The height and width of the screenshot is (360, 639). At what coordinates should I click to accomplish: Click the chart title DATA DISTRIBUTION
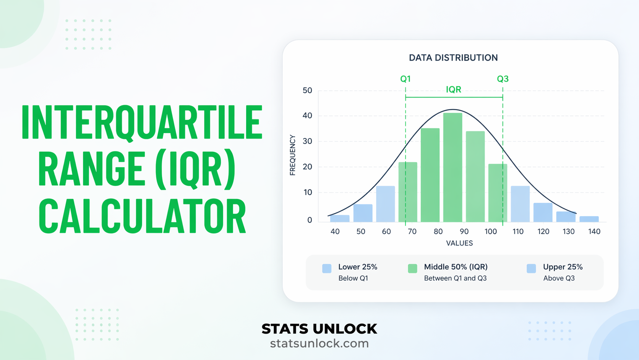point(453,58)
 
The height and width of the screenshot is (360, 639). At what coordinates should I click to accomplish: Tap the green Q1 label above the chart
point(405,79)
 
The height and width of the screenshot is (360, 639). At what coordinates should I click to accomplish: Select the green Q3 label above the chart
point(503,79)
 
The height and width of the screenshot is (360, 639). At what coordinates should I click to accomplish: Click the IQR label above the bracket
point(454,90)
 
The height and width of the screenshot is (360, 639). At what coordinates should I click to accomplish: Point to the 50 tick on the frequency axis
point(307,91)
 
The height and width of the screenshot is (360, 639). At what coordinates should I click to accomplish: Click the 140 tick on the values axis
point(594,231)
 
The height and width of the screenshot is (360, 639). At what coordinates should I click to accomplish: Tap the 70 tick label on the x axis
point(412,231)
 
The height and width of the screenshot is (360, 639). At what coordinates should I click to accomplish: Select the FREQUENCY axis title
point(293,155)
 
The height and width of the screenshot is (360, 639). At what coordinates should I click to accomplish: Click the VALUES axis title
point(459,243)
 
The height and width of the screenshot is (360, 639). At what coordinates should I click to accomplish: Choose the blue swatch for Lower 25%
point(327,269)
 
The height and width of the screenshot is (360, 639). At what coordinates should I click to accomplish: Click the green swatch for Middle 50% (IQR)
point(412,269)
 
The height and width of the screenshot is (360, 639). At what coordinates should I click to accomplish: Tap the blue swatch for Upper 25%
point(531,269)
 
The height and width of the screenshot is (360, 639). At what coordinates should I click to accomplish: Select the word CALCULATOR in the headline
point(142,216)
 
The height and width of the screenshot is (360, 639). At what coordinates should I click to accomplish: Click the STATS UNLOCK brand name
point(319,329)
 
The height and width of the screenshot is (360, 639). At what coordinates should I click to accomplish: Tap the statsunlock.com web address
point(319,344)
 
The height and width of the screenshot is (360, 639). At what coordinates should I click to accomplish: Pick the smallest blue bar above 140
point(589,219)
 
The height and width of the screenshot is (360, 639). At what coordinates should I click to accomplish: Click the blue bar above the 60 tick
point(386,204)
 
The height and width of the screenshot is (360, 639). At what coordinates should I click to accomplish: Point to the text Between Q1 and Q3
point(455,279)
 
